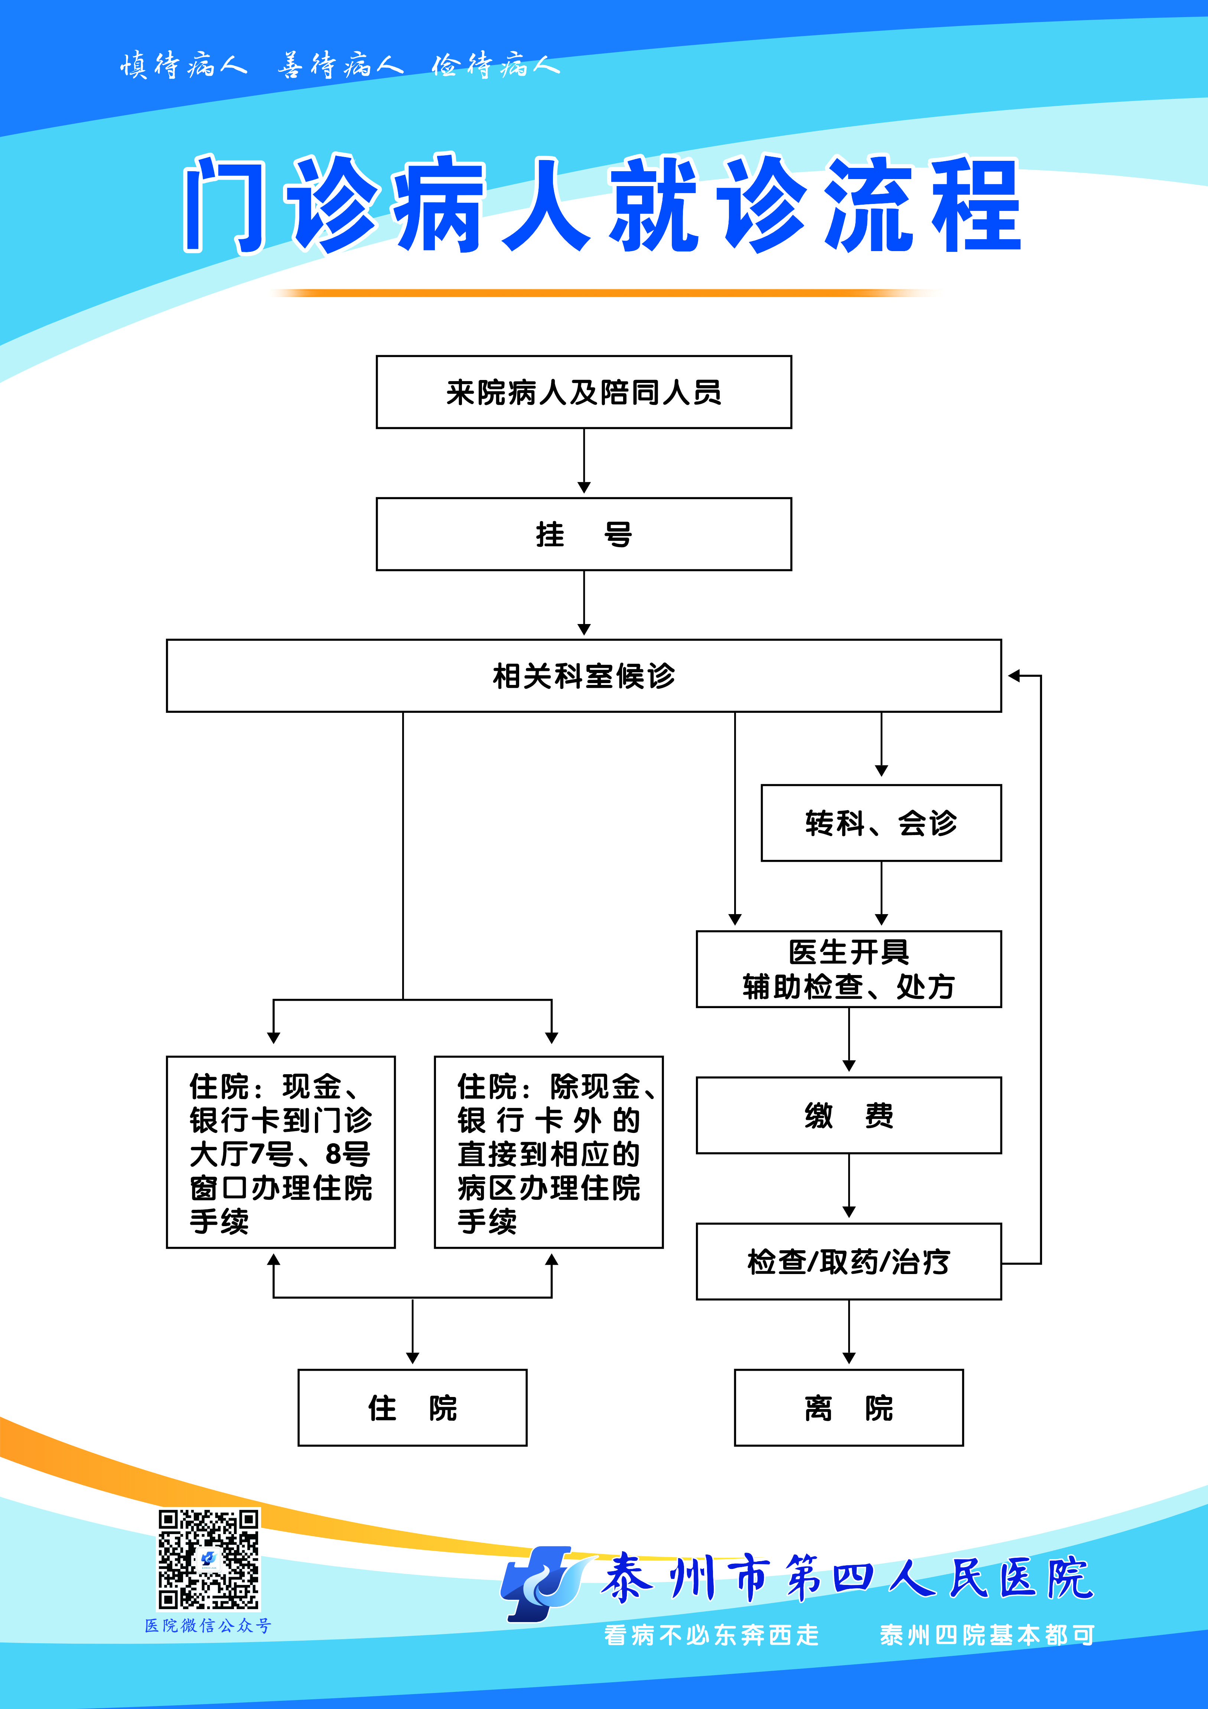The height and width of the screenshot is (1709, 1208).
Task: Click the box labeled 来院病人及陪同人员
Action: click(583, 392)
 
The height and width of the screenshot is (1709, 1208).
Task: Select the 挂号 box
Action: click(583, 534)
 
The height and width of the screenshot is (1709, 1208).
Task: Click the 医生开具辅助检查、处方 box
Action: click(849, 969)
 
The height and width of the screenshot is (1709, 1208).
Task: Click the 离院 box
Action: click(849, 1407)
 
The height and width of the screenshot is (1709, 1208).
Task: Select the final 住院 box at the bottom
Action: click(412, 1407)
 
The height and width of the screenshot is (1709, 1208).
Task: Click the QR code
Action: click(208, 1559)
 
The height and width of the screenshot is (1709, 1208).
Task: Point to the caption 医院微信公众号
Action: click(208, 1626)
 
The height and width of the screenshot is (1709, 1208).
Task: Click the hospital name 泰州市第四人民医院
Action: click(847, 1578)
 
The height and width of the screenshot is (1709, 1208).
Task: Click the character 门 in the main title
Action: click(223, 205)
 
